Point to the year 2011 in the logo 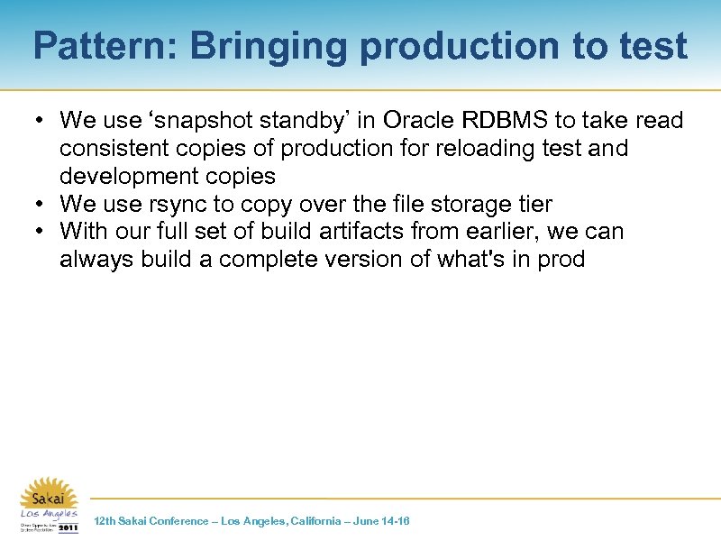(68, 527)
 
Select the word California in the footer (308, 521)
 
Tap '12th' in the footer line (105, 521)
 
